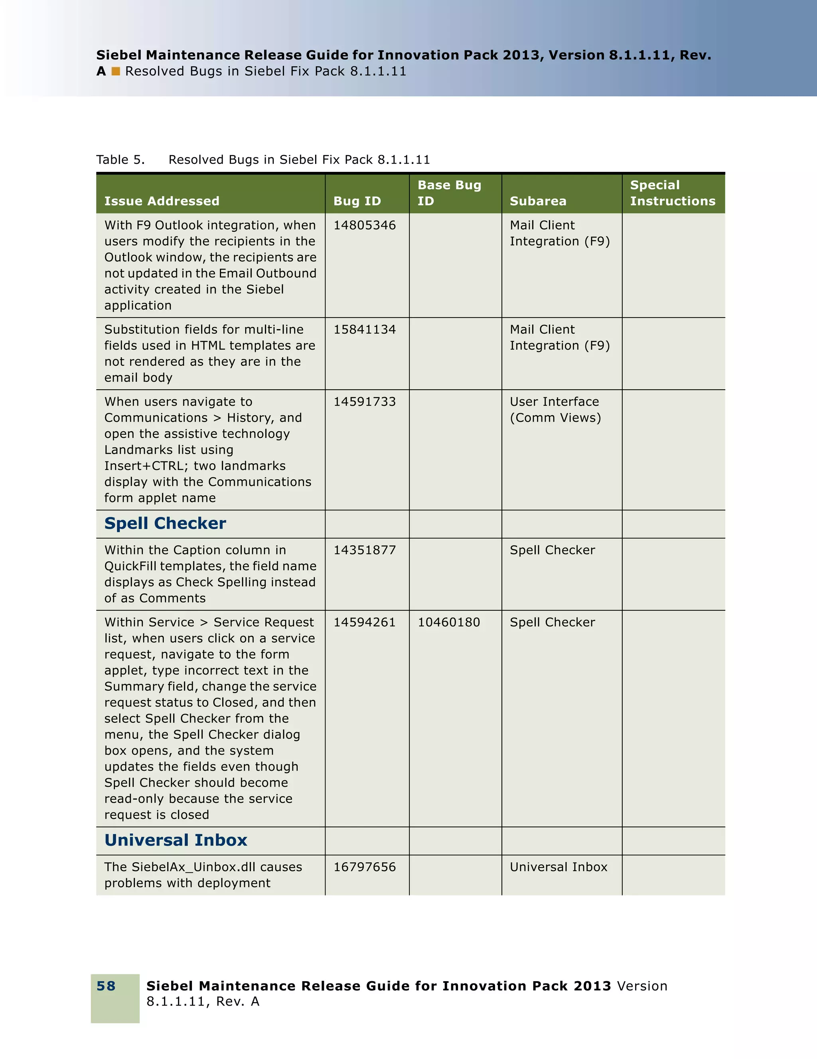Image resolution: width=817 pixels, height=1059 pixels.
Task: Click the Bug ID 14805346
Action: pos(364,225)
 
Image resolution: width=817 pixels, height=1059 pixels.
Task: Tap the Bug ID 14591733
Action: pos(364,402)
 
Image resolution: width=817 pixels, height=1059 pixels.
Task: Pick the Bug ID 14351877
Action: pos(364,550)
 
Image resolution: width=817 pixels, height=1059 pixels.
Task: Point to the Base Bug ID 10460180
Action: pos(448,622)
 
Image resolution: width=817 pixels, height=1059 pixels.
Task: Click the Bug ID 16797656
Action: pos(364,867)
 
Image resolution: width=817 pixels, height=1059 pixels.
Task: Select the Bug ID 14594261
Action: pos(364,622)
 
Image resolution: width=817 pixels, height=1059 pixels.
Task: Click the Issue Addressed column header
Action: pos(162,201)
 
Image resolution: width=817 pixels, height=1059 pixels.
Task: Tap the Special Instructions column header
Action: pos(672,193)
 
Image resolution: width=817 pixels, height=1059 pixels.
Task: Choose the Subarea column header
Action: pos(538,201)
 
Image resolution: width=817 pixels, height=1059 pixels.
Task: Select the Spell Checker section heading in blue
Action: pos(165,523)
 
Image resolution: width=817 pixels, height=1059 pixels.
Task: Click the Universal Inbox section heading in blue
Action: pos(176,840)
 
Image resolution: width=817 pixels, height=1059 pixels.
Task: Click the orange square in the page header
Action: pos(115,71)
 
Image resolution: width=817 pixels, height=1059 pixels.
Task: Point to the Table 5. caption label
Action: pos(120,160)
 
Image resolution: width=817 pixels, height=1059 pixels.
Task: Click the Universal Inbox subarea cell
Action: pos(558,867)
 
